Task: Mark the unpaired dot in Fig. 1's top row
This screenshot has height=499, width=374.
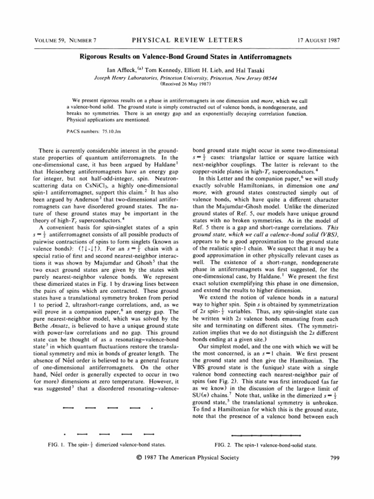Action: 152,407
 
